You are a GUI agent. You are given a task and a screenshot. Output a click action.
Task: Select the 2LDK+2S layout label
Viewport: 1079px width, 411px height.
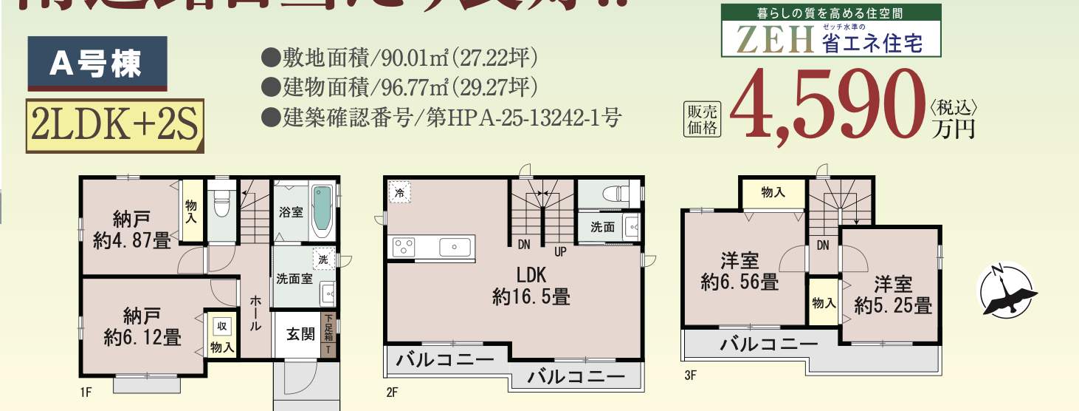(114, 126)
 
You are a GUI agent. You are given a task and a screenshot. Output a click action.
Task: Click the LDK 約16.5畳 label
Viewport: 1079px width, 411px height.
(531, 286)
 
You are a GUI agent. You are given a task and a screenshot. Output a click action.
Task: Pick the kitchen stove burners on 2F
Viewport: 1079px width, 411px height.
(405, 246)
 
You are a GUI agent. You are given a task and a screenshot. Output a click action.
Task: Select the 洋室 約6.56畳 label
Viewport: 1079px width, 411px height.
(739, 271)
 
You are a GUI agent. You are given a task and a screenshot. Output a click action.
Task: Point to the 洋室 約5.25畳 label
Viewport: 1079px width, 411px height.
(893, 294)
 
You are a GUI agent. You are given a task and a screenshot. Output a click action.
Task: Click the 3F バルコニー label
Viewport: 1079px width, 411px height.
(769, 344)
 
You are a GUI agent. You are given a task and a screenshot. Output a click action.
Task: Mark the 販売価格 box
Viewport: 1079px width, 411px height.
(703, 118)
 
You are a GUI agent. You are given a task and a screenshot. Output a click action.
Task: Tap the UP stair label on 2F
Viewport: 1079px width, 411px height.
(560, 251)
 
